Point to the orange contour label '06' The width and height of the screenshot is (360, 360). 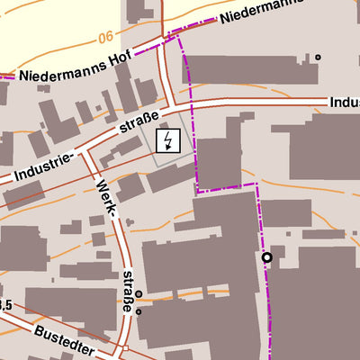pos(107,37)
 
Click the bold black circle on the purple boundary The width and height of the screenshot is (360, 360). pos(266,257)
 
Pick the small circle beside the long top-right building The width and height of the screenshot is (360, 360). pos(318,57)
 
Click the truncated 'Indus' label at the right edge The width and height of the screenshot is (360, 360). pos(344,103)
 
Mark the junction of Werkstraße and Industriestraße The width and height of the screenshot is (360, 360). pos(87,153)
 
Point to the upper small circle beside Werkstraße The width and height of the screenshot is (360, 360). pos(139,293)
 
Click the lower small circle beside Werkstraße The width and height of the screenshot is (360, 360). pos(139,310)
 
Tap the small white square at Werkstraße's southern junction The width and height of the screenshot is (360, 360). pos(127,348)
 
